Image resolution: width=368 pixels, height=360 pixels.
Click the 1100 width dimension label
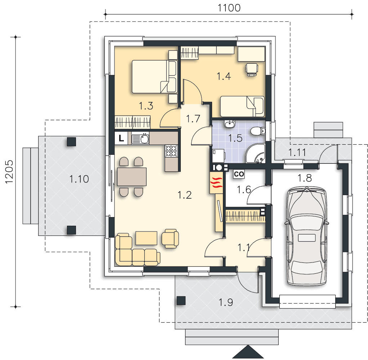[x=229, y=8]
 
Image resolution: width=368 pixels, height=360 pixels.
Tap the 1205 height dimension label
[x=9, y=172]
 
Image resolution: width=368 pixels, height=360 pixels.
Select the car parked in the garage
[x=306, y=236]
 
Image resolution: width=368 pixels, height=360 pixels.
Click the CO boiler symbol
[x=239, y=174]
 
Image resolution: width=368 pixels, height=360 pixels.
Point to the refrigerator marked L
[x=121, y=138]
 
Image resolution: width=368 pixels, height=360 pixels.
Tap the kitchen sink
[x=140, y=139]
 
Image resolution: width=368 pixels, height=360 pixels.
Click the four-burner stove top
[x=171, y=151]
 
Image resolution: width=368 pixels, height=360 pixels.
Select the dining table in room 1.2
[x=132, y=177]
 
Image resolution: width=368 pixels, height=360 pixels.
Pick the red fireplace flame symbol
[x=216, y=183]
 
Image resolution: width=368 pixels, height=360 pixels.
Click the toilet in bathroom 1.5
[x=258, y=131]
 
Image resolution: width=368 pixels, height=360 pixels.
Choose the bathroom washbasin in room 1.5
[x=229, y=124]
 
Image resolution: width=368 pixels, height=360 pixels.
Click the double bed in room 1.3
[x=154, y=77]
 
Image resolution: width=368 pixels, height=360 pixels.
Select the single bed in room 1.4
[x=242, y=106]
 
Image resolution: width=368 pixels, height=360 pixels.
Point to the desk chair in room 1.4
[x=252, y=70]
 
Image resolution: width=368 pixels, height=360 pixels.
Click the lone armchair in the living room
[x=170, y=238]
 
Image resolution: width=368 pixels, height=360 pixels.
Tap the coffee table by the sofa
[x=147, y=238]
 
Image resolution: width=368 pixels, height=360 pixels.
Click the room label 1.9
[x=226, y=302]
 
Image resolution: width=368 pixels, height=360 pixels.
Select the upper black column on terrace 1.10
[x=71, y=142]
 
